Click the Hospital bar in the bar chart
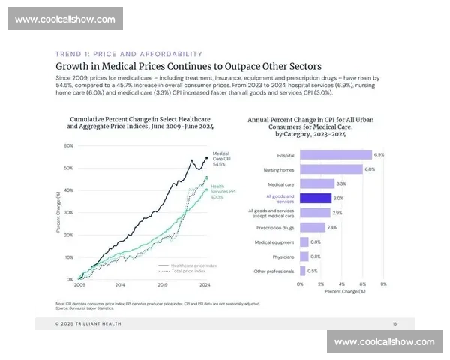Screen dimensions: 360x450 (335, 155)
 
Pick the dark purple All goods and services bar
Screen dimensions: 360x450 (316, 199)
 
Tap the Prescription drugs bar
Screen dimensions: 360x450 (313, 227)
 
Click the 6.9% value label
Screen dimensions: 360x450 (379, 154)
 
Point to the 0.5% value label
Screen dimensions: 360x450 (312, 271)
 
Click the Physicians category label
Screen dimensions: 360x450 (284, 256)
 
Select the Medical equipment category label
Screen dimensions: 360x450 (275, 242)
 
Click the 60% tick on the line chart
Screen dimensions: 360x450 (68, 146)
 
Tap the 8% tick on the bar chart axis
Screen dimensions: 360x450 (383, 284)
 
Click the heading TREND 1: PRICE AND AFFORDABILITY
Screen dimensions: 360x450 (129, 54)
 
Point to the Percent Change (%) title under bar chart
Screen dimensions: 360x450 (341, 291)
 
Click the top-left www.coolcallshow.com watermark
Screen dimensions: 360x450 (65, 19)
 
